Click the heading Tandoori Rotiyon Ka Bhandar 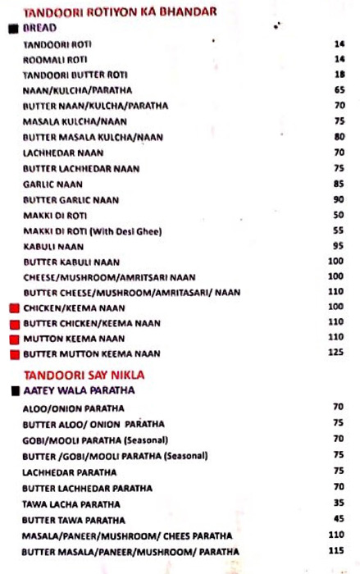click(x=120, y=11)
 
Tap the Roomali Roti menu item click(x=55, y=59)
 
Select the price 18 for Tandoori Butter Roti click(x=339, y=74)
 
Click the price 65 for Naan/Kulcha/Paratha click(x=339, y=89)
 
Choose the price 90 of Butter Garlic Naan click(x=339, y=199)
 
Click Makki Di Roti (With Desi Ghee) click(x=92, y=231)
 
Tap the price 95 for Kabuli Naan click(x=339, y=245)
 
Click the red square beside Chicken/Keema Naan click(x=14, y=308)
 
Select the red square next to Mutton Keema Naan click(x=14, y=339)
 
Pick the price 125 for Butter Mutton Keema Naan click(x=336, y=353)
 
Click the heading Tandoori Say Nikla click(x=84, y=375)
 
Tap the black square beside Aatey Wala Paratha click(x=15, y=391)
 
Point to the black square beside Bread click(x=13, y=28)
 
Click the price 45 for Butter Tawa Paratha click(x=339, y=518)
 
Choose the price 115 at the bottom click(x=336, y=550)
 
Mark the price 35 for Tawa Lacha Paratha click(x=339, y=503)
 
